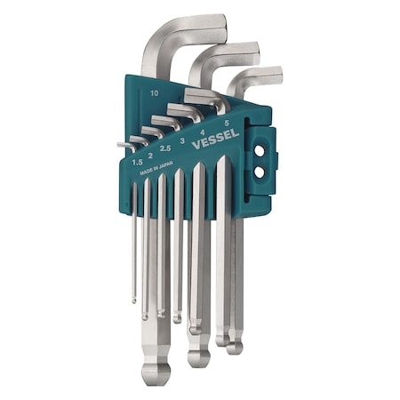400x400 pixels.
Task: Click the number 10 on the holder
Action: tap(155, 92)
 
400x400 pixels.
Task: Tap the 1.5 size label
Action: tap(137, 162)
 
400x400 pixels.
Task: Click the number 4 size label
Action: tap(206, 132)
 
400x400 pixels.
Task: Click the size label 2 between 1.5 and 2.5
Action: tap(149, 155)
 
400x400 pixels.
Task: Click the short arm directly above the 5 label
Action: tap(204, 97)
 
